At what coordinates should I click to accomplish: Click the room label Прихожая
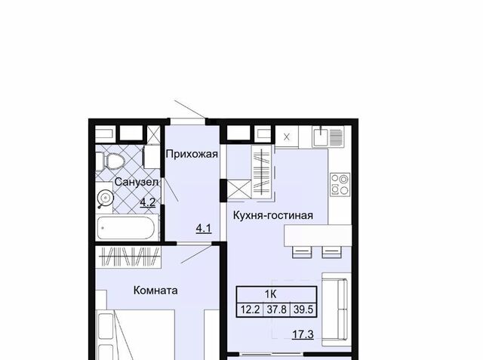tap(192, 154)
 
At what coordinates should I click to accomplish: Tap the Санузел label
tap(137, 182)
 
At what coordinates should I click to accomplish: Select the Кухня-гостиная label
tap(273, 215)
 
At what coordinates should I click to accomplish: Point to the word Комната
tap(155, 291)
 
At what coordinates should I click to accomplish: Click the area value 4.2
tap(148, 202)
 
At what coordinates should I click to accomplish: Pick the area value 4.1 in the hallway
tap(204, 229)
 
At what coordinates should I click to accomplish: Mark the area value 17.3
tap(303, 334)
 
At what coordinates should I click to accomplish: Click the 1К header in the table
tap(270, 294)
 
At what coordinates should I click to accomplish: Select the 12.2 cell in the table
tap(250, 309)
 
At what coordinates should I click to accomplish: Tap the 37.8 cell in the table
tap(277, 309)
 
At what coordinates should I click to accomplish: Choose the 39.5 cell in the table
tap(303, 309)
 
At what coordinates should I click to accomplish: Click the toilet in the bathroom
tap(110, 161)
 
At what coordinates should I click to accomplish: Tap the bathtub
tap(127, 228)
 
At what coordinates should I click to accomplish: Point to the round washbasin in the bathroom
tap(105, 198)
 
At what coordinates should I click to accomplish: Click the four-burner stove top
tap(340, 184)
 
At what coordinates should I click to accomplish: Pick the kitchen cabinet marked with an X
tap(287, 137)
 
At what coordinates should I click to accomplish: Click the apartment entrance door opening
tap(188, 122)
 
